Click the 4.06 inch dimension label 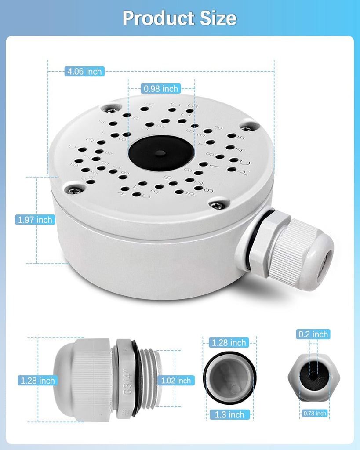click(84, 71)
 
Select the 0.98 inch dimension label click(161, 89)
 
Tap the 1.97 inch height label click(35, 220)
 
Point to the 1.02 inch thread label click(176, 381)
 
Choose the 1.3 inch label click(229, 414)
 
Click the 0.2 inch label click(313, 334)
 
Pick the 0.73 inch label click(315, 413)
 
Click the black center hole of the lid click(161, 153)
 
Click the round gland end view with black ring click(229, 379)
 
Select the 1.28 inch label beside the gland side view click(37, 381)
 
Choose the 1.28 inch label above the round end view click(229, 342)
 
